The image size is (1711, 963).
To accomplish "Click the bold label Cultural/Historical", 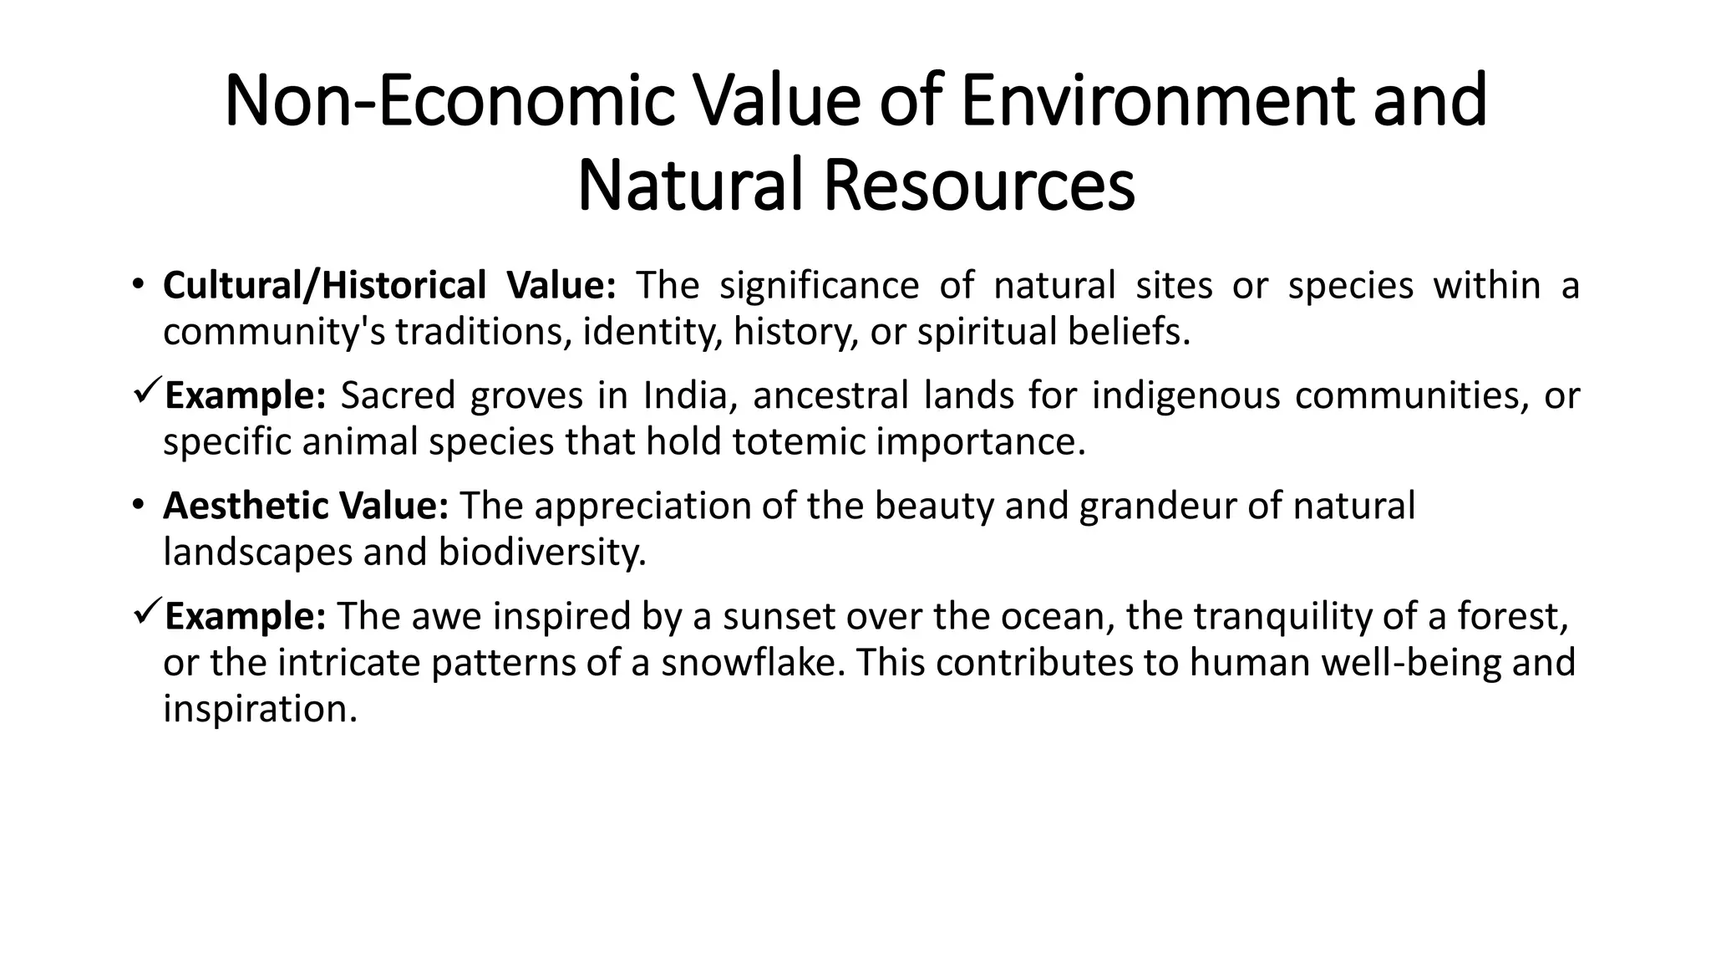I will [x=324, y=286].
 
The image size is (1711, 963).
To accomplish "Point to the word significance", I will [x=819, y=286].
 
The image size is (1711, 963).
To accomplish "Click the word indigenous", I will [x=1186, y=395].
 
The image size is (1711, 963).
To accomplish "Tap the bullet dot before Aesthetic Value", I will [x=137, y=506].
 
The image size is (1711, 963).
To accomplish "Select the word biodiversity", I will [x=541, y=552].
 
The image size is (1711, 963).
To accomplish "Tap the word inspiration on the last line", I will [x=260, y=709].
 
